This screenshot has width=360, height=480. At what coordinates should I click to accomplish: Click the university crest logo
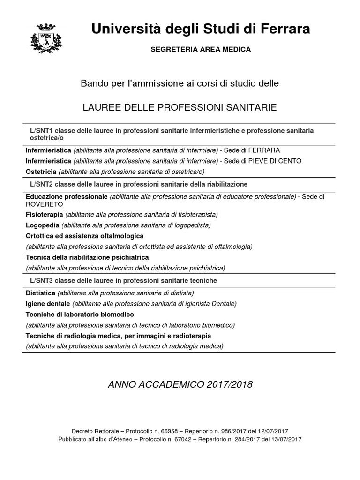[45, 36]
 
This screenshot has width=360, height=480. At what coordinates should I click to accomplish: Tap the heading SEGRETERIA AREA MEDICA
[200, 49]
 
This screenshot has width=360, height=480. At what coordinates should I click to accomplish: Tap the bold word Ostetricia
[41, 171]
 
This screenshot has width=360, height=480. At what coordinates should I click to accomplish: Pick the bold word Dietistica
[40, 293]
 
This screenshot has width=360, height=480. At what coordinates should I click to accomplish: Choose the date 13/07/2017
[286, 439]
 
